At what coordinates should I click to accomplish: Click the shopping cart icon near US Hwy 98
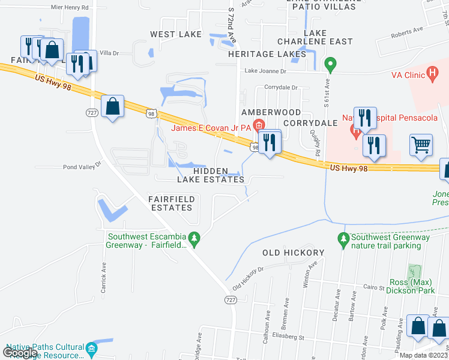pos(421,144)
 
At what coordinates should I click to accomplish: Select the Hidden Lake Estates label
pos(211,175)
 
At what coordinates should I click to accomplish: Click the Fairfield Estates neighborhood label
pos(170,203)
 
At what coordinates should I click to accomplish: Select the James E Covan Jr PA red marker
pos(259,125)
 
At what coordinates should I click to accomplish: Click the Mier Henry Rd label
pos(70,8)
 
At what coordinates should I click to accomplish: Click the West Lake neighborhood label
pos(176,34)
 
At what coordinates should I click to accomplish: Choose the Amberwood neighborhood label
pos(271,112)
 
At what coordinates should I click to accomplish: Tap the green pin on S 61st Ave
pos(330,63)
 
